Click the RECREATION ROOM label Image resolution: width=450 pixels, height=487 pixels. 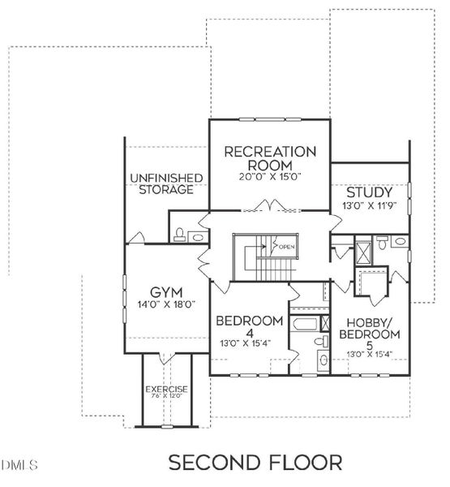[x=269, y=157]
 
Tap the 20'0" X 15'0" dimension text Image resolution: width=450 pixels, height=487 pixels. [x=269, y=176]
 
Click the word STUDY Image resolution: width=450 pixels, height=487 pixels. [x=370, y=193]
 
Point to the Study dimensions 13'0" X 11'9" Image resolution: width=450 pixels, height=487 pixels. [x=370, y=206]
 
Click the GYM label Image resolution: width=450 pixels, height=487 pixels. [x=165, y=291]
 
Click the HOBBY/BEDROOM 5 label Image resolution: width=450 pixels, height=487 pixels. [x=369, y=328]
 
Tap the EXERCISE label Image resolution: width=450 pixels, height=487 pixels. [x=166, y=390]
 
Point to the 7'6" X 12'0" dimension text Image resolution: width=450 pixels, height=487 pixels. [x=166, y=399]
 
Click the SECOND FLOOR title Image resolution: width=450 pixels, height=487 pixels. [x=255, y=463]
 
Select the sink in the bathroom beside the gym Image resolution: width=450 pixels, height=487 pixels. [x=197, y=237]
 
